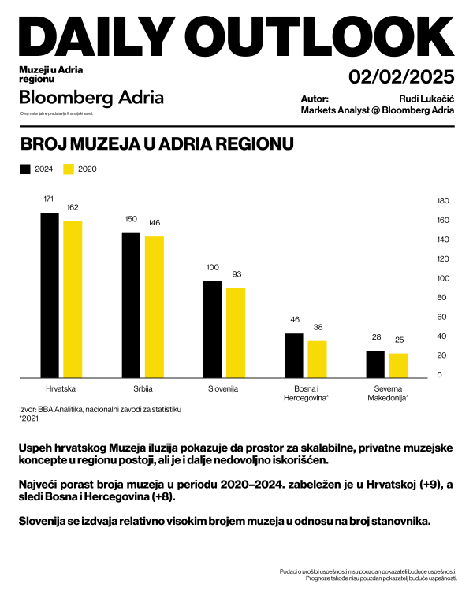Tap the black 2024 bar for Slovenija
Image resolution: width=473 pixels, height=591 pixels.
pyautogui.click(x=213, y=328)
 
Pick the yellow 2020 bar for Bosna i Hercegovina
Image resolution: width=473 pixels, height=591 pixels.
pyautogui.click(x=317, y=359)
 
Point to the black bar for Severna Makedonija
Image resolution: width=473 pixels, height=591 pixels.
pyautogui.click(x=375, y=363)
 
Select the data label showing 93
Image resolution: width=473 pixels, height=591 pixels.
pyautogui.click(x=235, y=274)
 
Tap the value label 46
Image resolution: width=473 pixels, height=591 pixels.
pyautogui.click(x=295, y=320)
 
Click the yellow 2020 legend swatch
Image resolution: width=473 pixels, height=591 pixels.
pyautogui.click(x=68, y=169)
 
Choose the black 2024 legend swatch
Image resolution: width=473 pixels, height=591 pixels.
pyautogui.click(x=24, y=169)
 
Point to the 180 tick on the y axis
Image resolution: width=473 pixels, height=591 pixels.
pyautogui.click(x=442, y=201)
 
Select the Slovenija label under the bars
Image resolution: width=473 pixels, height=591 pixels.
pyautogui.click(x=224, y=390)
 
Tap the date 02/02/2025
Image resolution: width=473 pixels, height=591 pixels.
pyautogui.click(x=401, y=77)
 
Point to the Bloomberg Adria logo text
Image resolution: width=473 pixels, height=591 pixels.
pyautogui.click(x=91, y=98)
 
